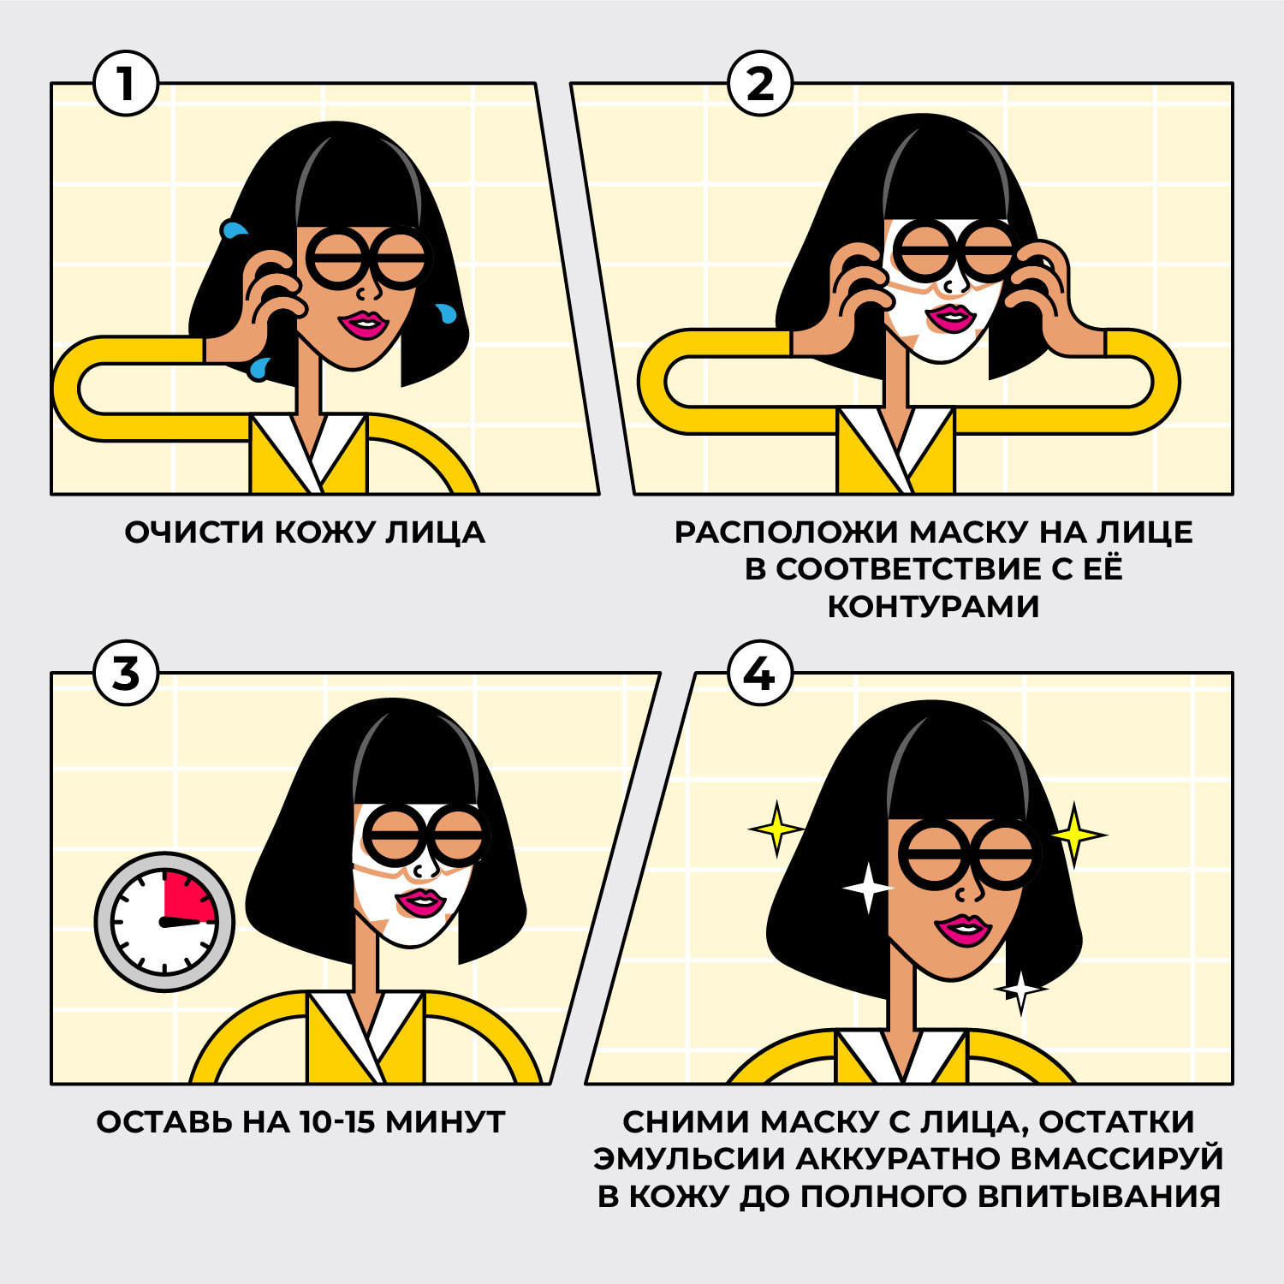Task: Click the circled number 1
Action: (126, 84)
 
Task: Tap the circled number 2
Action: (759, 84)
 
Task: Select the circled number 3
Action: (126, 674)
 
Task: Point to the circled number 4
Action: (759, 674)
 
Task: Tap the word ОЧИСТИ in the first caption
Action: (194, 532)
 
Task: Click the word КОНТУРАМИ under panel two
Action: (933, 606)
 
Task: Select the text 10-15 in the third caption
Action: (337, 1121)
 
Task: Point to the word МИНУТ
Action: (445, 1121)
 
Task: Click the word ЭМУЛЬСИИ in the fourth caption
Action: (689, 1158)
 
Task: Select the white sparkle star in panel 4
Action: (867, 889)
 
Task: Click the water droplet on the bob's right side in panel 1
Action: (444, 313)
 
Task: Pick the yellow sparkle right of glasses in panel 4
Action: (1076, 833)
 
